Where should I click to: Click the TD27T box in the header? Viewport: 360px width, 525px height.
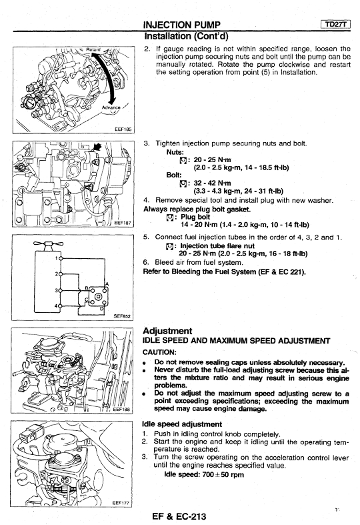335,24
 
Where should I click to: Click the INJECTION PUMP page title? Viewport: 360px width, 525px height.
182,25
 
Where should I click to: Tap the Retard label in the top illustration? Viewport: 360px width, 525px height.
93,49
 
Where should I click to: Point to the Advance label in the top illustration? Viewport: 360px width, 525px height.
111,107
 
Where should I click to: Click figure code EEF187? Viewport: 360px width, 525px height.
123,223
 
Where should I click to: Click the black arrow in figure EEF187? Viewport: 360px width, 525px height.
97,146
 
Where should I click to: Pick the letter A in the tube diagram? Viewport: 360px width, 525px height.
107,284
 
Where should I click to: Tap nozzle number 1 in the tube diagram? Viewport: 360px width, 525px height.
57,257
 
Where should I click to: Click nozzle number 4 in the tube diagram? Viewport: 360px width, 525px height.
57,306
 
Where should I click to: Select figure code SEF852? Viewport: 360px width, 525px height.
122,316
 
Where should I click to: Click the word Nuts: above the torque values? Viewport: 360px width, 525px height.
175,151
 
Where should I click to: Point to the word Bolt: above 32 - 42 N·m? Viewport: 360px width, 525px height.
174,175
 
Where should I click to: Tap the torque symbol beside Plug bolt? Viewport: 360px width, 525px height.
169,217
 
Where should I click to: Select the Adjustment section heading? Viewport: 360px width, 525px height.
167,331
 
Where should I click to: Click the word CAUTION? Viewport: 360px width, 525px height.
159,352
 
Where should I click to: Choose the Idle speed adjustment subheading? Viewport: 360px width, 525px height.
182,424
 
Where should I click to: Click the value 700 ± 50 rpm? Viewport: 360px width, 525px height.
223,474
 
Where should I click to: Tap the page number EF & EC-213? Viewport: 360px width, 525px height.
179,516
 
